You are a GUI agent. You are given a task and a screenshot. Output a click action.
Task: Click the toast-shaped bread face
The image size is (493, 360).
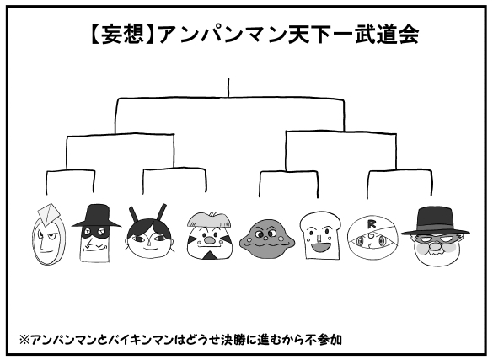pos(320,235)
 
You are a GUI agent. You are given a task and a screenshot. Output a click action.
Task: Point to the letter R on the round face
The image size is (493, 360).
pos(372,224)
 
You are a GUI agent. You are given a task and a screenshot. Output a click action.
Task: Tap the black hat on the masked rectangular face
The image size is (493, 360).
pos(97,216)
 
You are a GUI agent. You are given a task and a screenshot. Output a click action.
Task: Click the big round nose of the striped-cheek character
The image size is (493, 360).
pos(209,240)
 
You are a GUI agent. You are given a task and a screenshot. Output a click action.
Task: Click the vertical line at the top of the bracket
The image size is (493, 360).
pos(228,88)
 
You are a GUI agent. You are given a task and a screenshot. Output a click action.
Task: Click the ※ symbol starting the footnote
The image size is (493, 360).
pos(24,340)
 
